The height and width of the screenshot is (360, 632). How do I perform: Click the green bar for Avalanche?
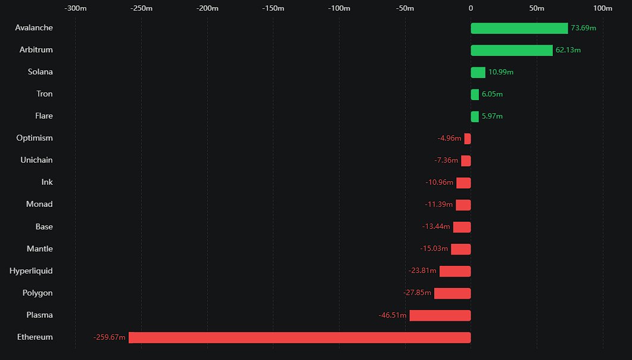click(x=519, y=28)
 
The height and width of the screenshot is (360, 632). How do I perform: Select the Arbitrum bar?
click(x=511, y=50)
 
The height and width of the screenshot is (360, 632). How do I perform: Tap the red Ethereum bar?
click(x=300, y=337)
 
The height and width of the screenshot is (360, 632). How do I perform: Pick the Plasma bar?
click(x=440, y=315)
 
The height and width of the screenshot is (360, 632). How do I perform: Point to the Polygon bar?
click(x=452, y=293)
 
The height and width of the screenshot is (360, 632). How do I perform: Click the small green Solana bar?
click(x=478, y=72)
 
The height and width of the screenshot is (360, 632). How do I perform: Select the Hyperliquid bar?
click(x=455, y=271)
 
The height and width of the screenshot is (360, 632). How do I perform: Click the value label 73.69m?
click(x=583, y=28)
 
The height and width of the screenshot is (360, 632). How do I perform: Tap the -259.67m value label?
click(x=110, y=337)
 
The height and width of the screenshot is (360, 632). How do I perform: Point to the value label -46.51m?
click(x=393, y=315)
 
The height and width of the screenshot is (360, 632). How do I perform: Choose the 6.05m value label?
click(x=492, y=94)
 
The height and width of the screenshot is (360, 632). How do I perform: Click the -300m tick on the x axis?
click(x=75, y=8)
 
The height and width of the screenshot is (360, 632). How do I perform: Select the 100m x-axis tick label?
click(x=603, y=8)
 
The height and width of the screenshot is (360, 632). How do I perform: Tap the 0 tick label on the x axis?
click(x=471, y=8)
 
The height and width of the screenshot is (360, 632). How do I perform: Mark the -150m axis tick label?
click(x=273, y=8)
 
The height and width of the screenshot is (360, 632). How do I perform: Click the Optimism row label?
click(x=35, y=138)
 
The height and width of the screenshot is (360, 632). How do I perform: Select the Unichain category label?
click(x=36, y=160)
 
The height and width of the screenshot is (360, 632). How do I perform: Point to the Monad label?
click(x=39, y=204)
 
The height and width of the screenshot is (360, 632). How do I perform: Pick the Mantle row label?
click(x=39, y=249)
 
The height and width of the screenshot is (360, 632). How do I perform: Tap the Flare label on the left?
click(x=43, y=116)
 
